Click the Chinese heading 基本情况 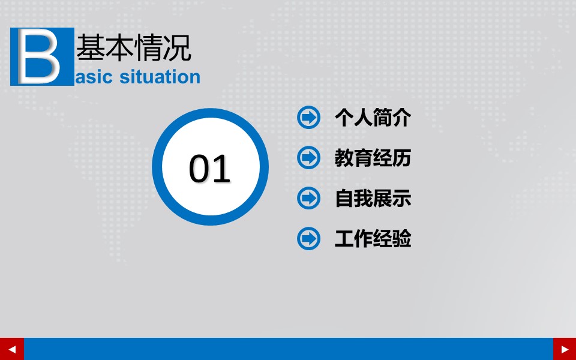[x=134, y=48]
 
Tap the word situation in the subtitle [x=160, y=77]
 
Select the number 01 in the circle [x=210, y=169]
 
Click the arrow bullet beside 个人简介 [x=308, y=117]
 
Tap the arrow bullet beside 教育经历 [x=308, y=158]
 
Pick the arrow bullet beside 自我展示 [x=308, y=198]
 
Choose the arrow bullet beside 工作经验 [x=308, y=239]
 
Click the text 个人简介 [x=373, y=118]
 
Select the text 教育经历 [x=373, y=158]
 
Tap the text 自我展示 [x=373, y=199]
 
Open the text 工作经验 [x=373, y=239]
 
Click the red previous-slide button [x=12, y=349]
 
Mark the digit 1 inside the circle [x=221, y=169]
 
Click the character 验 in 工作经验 [x=402, y=239]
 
